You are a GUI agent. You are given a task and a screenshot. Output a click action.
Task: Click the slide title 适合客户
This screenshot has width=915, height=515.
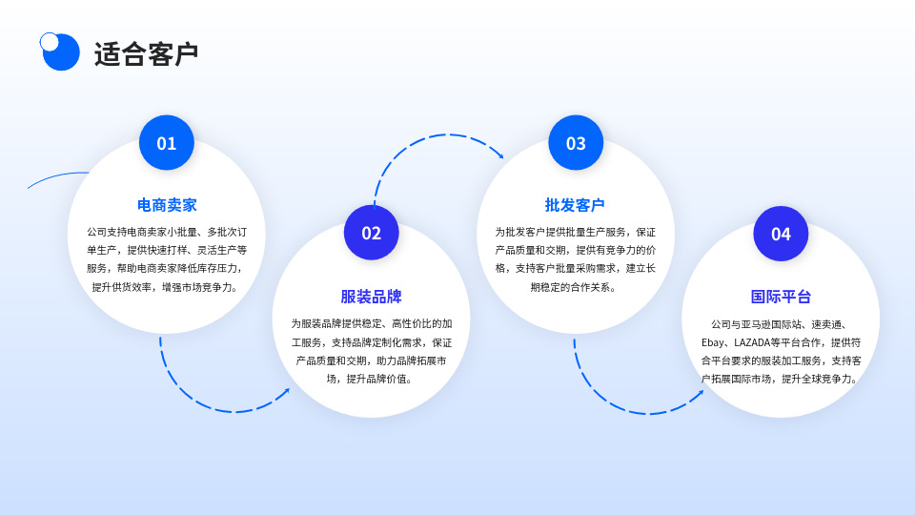click(146, 54)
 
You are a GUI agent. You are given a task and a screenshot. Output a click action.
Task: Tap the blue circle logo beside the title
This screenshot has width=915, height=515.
click(60, 51)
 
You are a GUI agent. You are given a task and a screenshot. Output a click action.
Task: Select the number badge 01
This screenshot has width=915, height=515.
click(167, 143)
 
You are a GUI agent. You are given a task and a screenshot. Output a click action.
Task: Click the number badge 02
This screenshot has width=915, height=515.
click(372, 233)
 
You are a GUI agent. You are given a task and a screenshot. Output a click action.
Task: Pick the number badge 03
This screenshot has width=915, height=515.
click(576, 143)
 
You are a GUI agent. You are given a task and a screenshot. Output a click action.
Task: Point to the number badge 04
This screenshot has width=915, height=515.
click(781, 234)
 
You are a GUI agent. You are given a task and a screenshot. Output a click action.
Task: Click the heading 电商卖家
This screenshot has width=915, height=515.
click(167, 205)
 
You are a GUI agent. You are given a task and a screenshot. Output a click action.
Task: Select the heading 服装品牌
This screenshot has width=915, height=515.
click(372, 297)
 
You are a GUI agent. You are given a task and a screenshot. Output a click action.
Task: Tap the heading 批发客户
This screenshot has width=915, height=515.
click(575, 205)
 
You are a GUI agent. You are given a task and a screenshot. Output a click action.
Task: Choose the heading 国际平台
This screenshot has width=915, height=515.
click(781, 297)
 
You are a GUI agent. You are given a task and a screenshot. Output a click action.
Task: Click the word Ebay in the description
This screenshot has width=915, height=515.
click(714, 342)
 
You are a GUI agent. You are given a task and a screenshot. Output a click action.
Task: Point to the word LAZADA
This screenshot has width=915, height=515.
click(753, 342)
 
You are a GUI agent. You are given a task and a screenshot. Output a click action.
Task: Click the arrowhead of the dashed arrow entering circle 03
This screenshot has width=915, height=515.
click(499, 154)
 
